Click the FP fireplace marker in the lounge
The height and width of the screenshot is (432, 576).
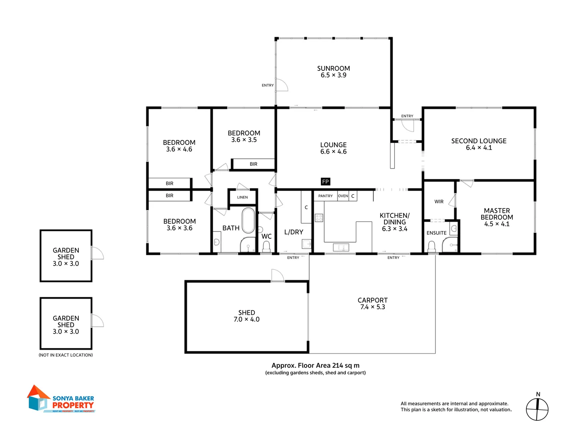click(326, 182)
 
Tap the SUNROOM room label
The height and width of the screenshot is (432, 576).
click(333, 68)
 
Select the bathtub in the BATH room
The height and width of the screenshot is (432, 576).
click(248, 220)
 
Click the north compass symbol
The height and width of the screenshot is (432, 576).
click(537, 409)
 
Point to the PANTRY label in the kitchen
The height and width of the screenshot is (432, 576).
click(325, 196)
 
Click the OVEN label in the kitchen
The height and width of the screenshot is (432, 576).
click(343, 196)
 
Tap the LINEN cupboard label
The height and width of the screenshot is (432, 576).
click(242, 197)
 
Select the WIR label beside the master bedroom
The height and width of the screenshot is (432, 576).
click(439, 202)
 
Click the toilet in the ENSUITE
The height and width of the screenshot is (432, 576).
click(432, 246)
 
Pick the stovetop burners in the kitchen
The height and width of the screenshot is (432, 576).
click(319, 218)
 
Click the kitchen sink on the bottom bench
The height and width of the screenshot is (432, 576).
click(341, 248)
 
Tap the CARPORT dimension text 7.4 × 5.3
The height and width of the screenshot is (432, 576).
click(372, 307)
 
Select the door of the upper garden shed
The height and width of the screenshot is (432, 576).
click(97, 253)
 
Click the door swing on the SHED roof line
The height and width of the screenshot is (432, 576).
click(278, 276)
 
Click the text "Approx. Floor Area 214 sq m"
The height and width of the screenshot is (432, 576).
click(315, 365)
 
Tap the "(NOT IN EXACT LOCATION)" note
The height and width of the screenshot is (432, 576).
click(66, 355)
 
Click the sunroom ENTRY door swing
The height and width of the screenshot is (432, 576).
click(282, 85)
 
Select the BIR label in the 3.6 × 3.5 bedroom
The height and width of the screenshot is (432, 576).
click(253, 164)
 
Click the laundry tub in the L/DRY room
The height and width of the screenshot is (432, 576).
click(307, 244)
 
